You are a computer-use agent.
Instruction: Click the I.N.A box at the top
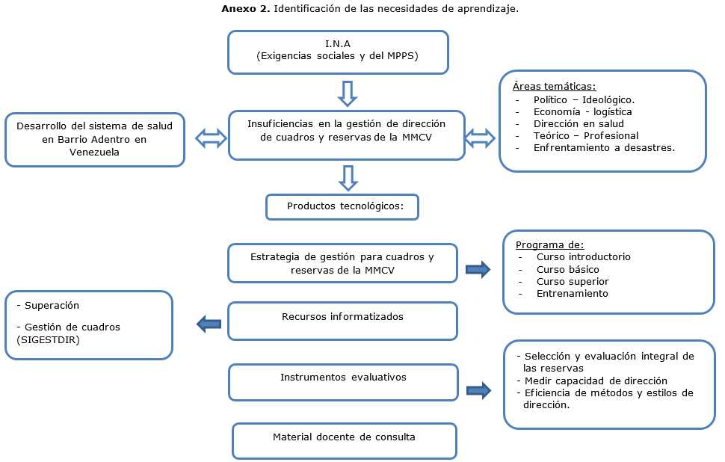click(x=338, y=52)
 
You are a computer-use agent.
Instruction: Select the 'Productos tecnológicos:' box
click(x=342, y=207)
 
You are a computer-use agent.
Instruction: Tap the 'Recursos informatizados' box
click(x=342, y=317)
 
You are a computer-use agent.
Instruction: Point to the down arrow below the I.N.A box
click(x=348, y=93)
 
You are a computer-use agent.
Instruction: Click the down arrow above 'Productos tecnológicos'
click(x=348, y=177)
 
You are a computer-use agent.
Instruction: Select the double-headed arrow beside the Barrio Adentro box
click(x=210, y=138)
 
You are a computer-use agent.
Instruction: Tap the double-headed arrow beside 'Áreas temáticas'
click(x=480, y=138)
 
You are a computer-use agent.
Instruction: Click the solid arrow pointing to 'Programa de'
click(x=478, y=269)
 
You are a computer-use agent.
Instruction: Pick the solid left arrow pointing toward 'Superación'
click(x=209, y=324)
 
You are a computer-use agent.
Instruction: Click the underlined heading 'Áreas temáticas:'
click(x=554, y=87)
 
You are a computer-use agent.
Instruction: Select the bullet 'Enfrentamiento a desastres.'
click(x=604, y=148)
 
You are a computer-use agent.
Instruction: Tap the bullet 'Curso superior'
click(x=573, y=282)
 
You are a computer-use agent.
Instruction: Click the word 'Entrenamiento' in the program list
click(x=572, y=294)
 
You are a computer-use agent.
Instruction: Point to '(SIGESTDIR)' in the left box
click(x=43, y=339)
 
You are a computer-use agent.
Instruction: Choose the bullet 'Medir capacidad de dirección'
click(x=584, y=381)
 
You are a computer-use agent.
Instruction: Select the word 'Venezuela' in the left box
click(x=94, y=151)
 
